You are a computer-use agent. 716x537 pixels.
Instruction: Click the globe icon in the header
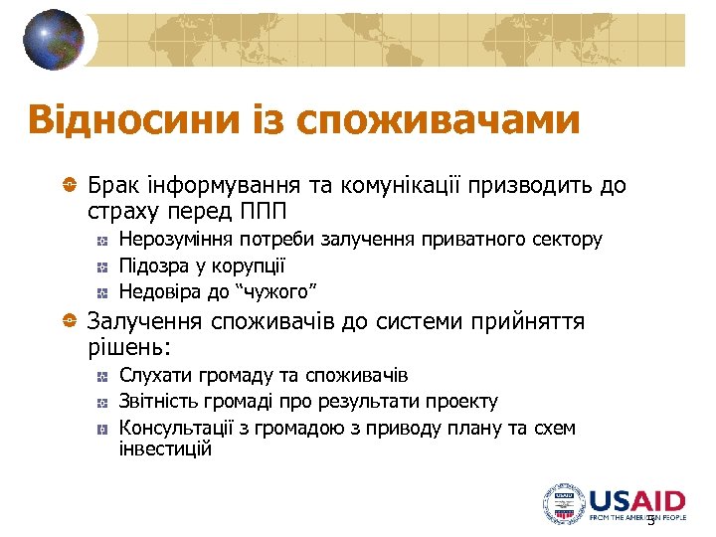pos(54,40)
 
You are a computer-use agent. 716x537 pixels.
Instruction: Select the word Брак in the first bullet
pos(112,186)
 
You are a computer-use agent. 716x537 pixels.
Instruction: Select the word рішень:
pos(129,347)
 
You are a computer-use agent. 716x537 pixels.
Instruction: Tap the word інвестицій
pos(165,449)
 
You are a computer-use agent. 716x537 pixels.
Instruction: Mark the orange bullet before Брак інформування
pos(69,186)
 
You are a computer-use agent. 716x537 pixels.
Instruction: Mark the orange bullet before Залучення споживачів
pos(69,321)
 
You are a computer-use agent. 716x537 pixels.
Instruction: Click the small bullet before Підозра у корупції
pos(102,267)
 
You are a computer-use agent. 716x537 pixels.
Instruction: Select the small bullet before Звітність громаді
pos(102,403)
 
